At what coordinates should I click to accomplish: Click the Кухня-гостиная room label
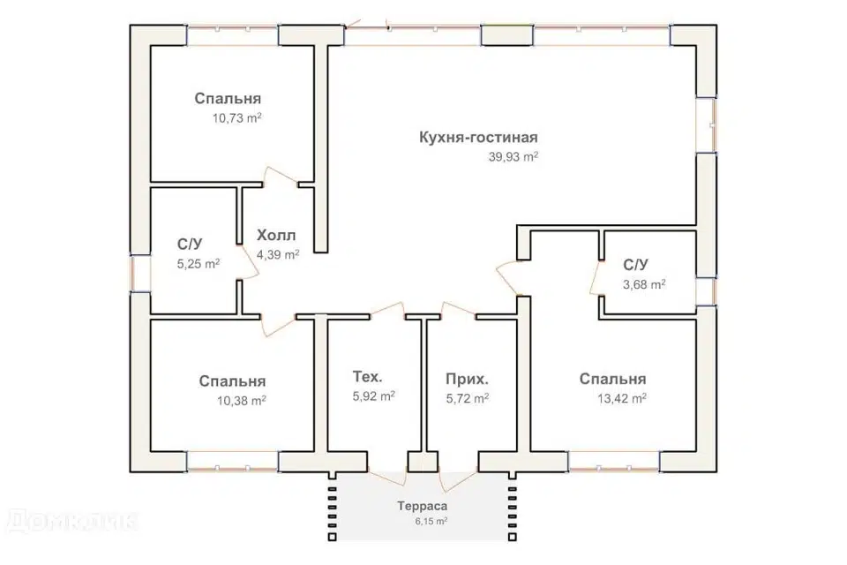478,138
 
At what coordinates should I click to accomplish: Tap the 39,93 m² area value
513,157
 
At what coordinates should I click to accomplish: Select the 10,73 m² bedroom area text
237,118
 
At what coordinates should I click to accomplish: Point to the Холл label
276,236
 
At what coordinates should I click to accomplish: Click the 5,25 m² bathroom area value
199,264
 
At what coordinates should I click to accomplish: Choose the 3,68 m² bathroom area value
644,284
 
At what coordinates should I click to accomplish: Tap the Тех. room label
367,376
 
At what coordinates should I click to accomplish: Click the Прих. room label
468,380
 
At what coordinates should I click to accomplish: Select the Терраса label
423,507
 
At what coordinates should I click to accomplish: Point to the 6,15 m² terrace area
431,521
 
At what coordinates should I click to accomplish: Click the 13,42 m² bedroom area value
622,399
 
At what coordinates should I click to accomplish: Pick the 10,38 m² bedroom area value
242,401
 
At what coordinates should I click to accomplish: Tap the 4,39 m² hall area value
278,254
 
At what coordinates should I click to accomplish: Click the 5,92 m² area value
374,396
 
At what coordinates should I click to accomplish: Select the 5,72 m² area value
468,398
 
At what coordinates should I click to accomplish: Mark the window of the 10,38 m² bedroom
233,462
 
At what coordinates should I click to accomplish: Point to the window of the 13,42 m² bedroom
614,462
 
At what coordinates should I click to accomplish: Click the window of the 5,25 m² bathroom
140,273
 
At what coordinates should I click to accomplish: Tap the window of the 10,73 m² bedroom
233,35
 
